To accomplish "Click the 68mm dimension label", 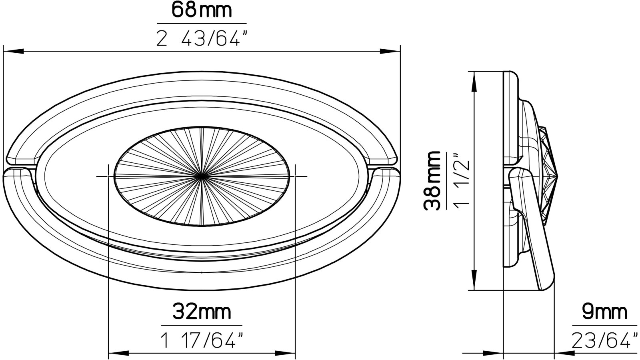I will pos(202,10).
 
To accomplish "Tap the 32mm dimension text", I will pos(202,312).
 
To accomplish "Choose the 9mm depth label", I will pos(604,312).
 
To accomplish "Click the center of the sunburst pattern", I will pos(202,176).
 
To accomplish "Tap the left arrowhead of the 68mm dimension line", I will pos(12,51).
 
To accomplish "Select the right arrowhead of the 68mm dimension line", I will pos(390,51).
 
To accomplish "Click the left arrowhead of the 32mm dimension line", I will pos(118,353).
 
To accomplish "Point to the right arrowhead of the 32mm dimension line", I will pos(286,353).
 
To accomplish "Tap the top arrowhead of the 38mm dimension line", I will pos(474,80).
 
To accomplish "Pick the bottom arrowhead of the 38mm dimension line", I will pos(474,282).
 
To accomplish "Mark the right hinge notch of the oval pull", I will pos(382,167).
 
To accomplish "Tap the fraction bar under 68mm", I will pos(202,24).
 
